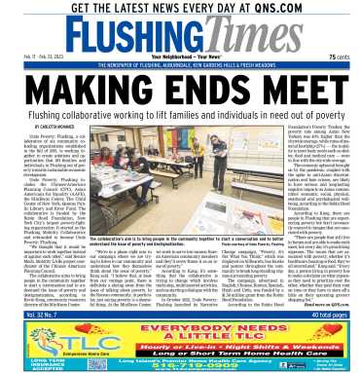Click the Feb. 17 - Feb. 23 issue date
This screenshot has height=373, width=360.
(x=29, y=58)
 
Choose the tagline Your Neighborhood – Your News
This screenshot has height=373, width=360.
(x=179, y=57)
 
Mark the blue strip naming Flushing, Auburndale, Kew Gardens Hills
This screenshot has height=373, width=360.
(x=180, y=68)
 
